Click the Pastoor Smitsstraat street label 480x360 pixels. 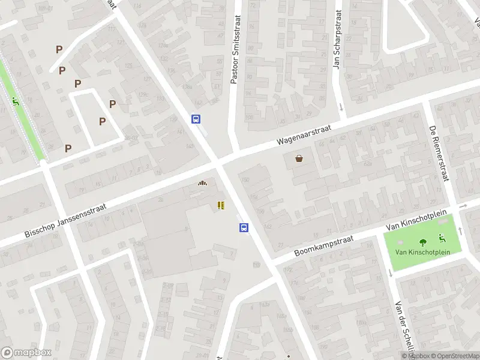point(234,49)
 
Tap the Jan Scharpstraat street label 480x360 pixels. point(337,47)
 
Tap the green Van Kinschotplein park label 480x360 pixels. point(422,252)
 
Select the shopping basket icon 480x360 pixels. point(299,158)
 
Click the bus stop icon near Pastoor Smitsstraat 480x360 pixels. point(196,119)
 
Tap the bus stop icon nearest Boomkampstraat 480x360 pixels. point(244,227)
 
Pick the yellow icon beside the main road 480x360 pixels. point(221,205)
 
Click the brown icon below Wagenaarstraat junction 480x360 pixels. point(202,184)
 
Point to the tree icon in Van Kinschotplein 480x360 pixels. point(423,242)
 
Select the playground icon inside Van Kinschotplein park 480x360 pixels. point(442,238)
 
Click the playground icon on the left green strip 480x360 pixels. point(15,100)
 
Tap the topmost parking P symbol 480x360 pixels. point(59,49)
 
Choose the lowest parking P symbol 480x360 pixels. point(68,148)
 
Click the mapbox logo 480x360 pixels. point(26,353)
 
